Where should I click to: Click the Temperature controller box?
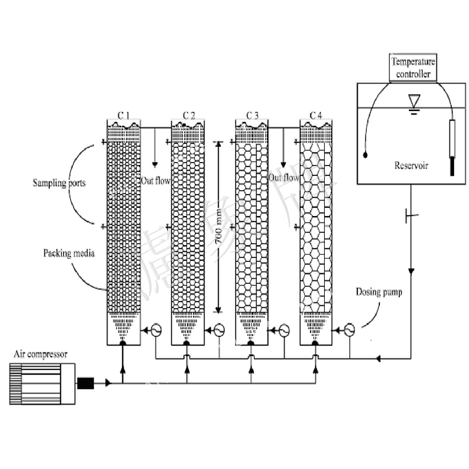tap(413, 68)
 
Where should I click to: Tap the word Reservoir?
tap(411, 166)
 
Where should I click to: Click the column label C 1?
tap(123, 116)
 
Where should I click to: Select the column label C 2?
tap(189, 116)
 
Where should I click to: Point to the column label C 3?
tap(252, 116)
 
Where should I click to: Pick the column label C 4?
tap(316, 116)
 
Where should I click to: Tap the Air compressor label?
tap(40, 354)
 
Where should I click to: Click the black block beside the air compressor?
tap(86, 383)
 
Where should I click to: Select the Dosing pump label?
tap(379, 292)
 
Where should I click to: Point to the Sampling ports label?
tap(59, 183)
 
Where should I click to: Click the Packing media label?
tap(69, 253)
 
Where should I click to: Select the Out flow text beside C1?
tap(156, 181)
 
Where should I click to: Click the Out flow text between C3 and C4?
tap(283, 178)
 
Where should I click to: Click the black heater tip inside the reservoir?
tap(452, 166)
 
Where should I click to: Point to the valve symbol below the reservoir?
tap(410, 216)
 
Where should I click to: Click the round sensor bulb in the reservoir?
tap(365, 155)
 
